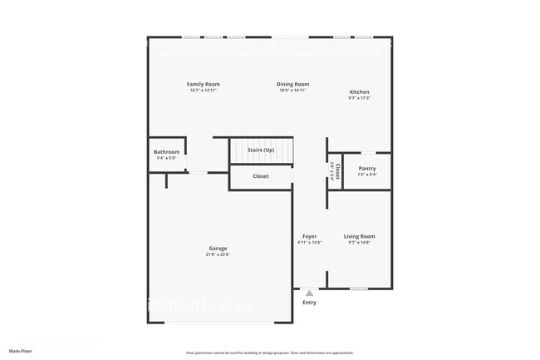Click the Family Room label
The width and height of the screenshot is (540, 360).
[x=203, y=84]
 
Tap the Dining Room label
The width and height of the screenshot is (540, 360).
[x=292, y=84]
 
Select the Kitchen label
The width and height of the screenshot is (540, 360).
[x=359, y=91]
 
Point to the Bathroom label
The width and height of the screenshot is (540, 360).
[x=166, y=152]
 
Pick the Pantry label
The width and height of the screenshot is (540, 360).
[x=367, y=169]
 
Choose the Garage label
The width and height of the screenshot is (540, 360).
[x=218, y=249]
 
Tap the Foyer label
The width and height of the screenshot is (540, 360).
[x=309, y=236]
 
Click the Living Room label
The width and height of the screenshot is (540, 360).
[x=360, y=236]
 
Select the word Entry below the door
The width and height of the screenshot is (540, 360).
[x=309, y=303]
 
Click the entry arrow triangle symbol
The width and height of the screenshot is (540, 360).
[x=309, y=293]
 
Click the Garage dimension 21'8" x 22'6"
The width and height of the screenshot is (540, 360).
[x=218, y=255]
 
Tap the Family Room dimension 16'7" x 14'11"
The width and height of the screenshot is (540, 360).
[x=203, y=90]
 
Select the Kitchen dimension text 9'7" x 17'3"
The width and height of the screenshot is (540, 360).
[x=359, y=98]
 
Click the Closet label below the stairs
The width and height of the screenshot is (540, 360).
[x=260, y=176]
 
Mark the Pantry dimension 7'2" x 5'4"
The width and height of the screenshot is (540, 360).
[x=367, y=175]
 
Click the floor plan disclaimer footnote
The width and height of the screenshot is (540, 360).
[x=269, y=353]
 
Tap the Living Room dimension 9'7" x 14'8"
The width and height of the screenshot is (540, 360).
[x=360, y=243]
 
